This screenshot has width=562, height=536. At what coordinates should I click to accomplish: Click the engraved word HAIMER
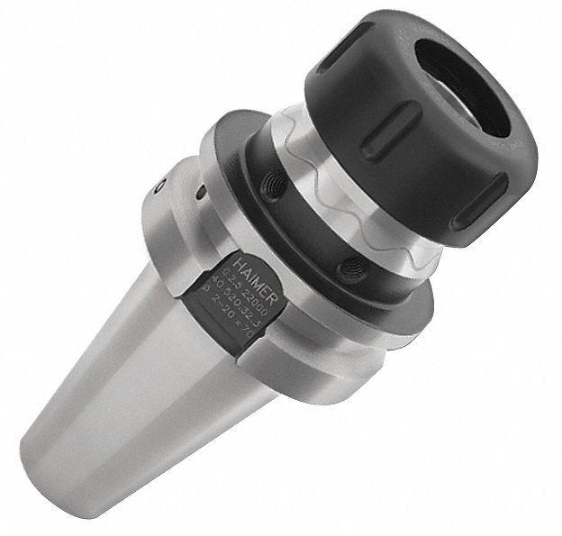coord(243,271)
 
